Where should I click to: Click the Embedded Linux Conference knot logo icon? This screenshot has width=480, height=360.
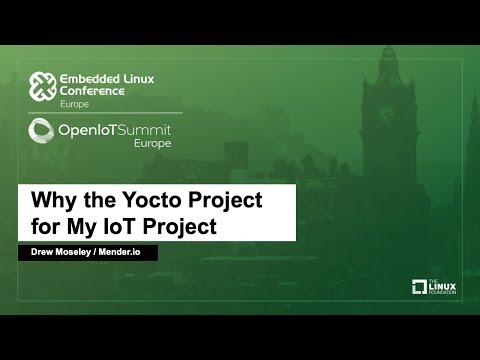(x=41, y=89)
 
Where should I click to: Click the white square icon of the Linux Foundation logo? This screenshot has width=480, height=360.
(x=420, y=288)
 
